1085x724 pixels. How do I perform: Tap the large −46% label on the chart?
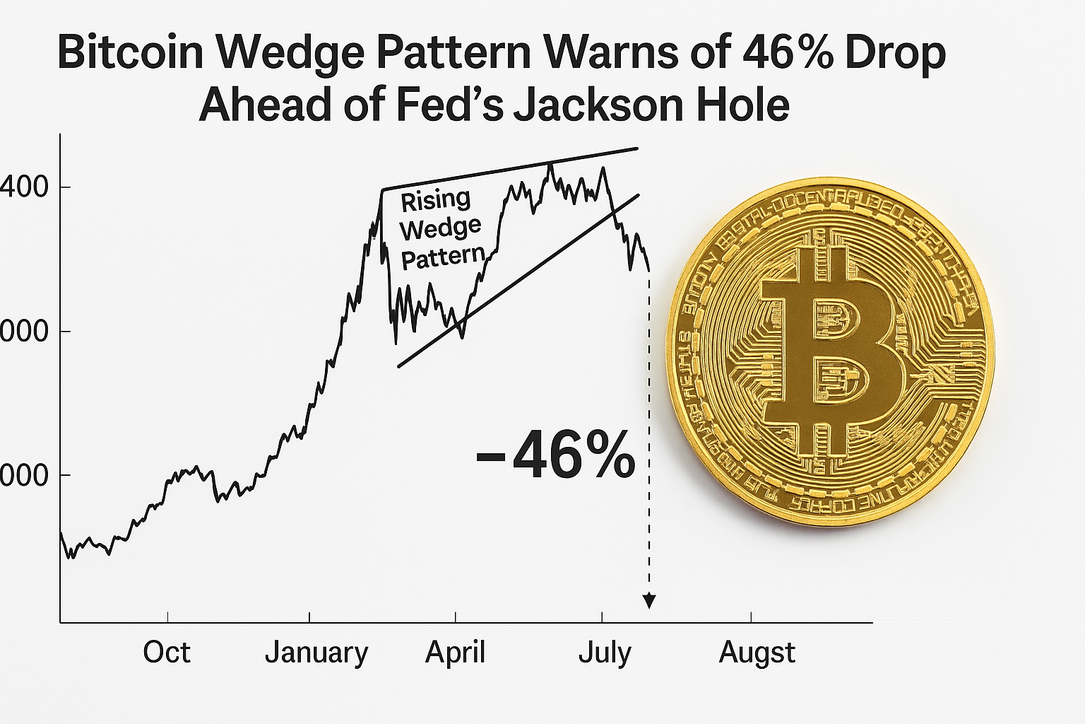coord(555,455)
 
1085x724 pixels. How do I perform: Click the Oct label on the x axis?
coord(166,652)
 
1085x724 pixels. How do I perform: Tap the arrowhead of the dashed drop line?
coord(649,601)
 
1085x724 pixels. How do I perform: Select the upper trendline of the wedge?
coord(509,169)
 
